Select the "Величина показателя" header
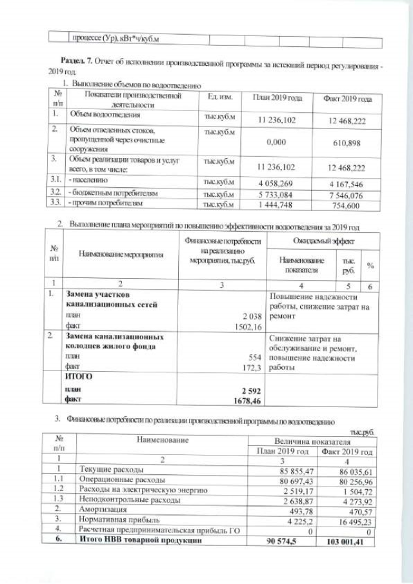click(x=312, y=440)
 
